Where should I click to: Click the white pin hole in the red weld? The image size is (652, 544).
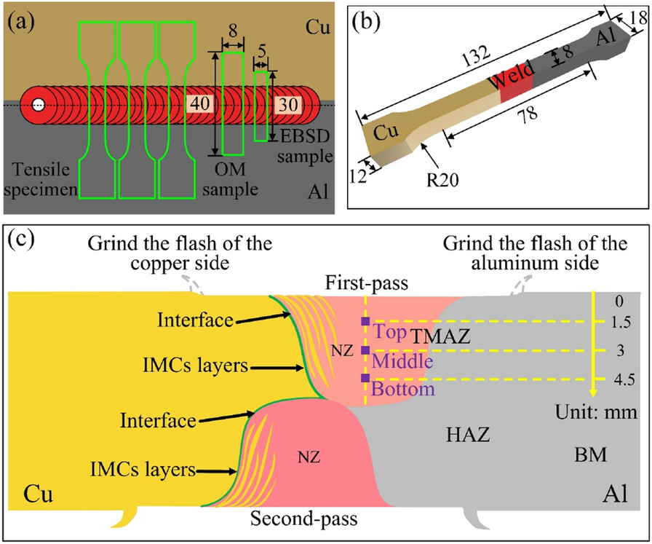coord(39,105)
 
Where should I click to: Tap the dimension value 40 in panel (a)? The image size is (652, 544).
coord(200,103)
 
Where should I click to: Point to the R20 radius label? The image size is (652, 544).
coord(443,180)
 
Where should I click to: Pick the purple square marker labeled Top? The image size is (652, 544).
coord(365,321)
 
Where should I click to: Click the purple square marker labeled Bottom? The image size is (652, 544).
coord(365,378)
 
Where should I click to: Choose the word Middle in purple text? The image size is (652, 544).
coord(402,361)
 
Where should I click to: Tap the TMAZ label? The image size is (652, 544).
coord(440,336)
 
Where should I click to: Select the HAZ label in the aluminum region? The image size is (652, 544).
coord(468,435)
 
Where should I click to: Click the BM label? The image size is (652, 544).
coord(590,455)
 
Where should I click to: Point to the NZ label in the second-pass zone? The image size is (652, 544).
coord(309,458)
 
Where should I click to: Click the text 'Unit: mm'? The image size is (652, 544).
coord(596,412)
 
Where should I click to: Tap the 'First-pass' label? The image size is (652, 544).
coord(366,283)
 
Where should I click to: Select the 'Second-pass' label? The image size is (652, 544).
coord(304,519)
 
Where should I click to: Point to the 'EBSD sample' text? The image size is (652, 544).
coord(306,146)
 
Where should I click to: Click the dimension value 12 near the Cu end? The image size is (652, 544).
coord(357,176)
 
